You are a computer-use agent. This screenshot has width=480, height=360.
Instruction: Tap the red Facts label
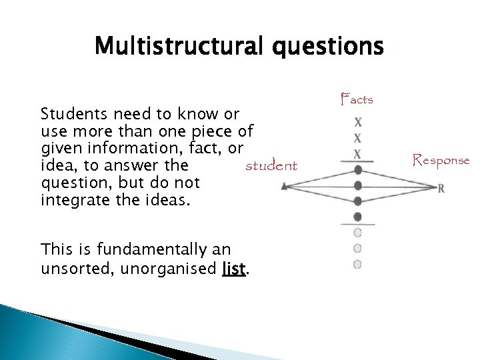tap(357, 100)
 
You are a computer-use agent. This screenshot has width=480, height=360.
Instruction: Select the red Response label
tap(441, 160)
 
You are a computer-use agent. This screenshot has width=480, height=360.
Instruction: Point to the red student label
tap(271, 165)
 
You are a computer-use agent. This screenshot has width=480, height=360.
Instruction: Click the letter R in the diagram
tap(441, 189)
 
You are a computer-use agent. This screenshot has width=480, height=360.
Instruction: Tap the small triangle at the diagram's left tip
tap(285, 187)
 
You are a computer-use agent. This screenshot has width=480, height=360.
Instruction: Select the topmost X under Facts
tap(358, 123)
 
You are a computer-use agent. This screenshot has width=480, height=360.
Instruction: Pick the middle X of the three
tap(358, 139)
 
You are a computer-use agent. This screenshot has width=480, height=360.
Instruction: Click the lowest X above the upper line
tap(358, 154)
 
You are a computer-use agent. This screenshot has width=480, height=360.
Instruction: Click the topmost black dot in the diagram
tap(358, 170)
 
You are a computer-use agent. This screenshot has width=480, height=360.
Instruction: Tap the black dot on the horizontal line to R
tap(358, 185)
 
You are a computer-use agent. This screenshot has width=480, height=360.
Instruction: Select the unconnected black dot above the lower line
tap(358, 217)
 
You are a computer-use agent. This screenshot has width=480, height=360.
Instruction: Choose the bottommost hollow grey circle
tap(357, 265)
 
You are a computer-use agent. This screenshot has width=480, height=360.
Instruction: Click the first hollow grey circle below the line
tap(357, 233)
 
